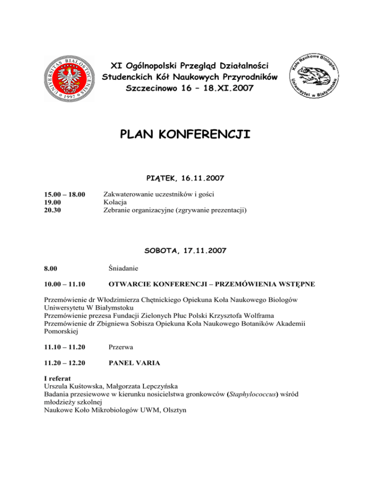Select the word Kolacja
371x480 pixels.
point(116,202)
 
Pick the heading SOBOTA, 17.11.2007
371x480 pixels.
point(185,251)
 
